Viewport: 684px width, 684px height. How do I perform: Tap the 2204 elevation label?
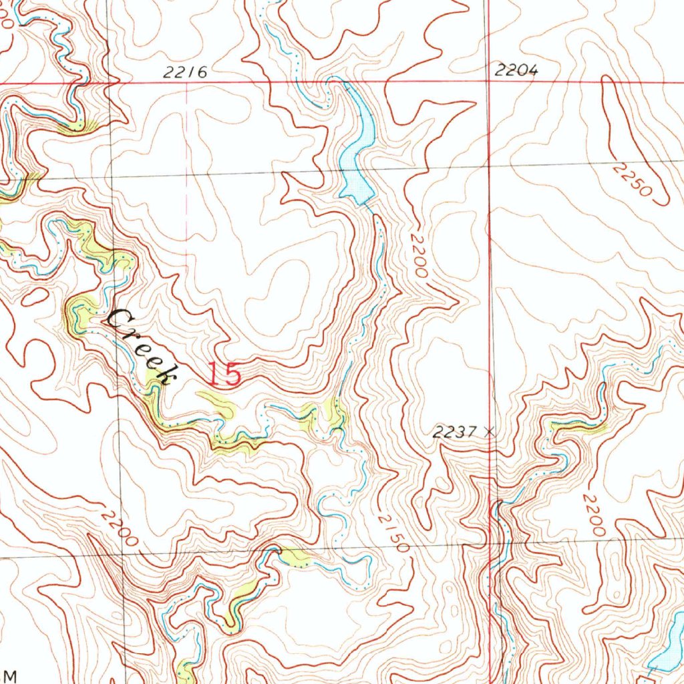[516, 70]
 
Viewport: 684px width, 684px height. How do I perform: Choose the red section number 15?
[222, 374]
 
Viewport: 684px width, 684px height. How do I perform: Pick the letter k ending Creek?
[166, 375]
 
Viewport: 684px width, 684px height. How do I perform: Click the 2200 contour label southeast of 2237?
[592, 514]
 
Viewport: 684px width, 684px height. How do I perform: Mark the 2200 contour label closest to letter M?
[120, 527]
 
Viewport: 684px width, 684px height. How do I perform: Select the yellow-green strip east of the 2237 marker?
[578, 425]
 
